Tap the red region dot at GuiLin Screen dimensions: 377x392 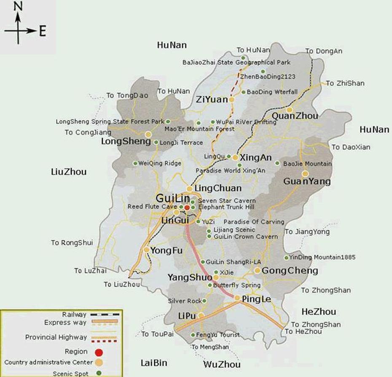pos(187,207)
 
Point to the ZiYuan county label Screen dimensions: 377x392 pos(212,100)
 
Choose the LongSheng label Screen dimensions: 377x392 pos(126,142)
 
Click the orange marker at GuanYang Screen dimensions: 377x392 pos(305,174)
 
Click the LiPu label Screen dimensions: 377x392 pos(188,316)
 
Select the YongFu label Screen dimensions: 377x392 pos(166,250)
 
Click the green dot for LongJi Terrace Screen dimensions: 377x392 pos(156,143)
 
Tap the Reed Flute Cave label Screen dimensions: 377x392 pos(153,207)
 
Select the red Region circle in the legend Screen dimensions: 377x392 pos(99,352)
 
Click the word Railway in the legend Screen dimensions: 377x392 pos(74,315)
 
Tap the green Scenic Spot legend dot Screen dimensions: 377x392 pos(99,373)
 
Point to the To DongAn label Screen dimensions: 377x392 pos(324,51)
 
